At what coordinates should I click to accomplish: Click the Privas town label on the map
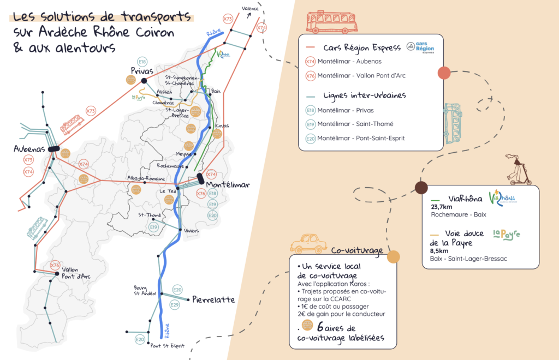(141, 70)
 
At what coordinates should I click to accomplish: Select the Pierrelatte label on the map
(213, 299)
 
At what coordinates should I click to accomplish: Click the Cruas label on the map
(222, 125)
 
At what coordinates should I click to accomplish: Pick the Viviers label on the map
(191, 231)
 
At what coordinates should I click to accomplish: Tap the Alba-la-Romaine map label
(140, 178)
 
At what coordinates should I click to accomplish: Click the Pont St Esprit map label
(167, 345)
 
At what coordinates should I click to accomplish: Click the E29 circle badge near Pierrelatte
(175, 304)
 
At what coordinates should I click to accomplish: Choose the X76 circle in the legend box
(310, 76)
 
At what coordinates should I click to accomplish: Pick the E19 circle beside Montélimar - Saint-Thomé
(310, 124)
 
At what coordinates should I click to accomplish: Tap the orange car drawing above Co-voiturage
(308, 243)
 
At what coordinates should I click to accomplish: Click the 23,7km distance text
(442, 207)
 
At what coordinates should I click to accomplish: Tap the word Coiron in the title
(153, 32)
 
